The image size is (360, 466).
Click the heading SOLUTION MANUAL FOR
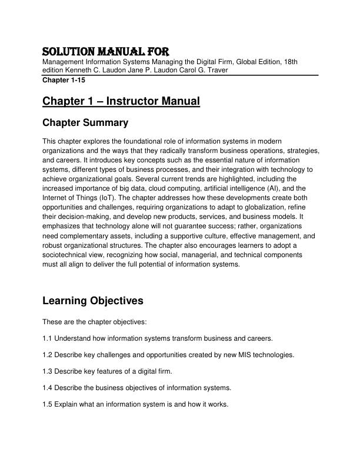(106, 51)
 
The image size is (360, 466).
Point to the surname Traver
(214, 70)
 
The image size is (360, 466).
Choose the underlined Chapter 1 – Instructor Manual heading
(121, 102)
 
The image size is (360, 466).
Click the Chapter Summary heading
(85, 124)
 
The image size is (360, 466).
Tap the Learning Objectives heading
(93, 301)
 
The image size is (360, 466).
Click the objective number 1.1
(47, 338)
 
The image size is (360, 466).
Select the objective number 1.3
(47, 372)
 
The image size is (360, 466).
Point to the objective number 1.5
(47, 405)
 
